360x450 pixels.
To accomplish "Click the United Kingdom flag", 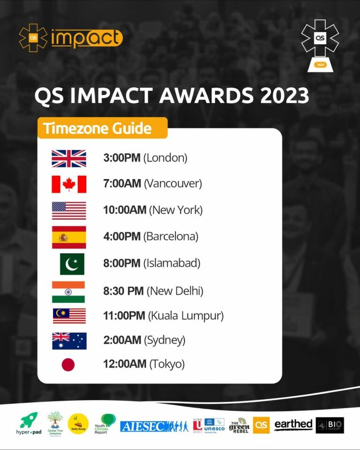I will pyautogui.click(x=69, y=158).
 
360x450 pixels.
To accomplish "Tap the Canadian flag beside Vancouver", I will pyautogui.click(x=69, y=184).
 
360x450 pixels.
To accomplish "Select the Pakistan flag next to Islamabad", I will pyautogui.click(x=72, y=264).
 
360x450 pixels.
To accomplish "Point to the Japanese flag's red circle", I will pyautogui.click(x=68, y=364).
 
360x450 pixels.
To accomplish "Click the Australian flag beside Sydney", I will pyautogui.click(x=69, y=341).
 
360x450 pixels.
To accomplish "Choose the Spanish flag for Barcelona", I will pyautogui.click(x=69, y=237).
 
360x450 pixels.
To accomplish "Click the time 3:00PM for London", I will pyautogui.click(x=122, y=158).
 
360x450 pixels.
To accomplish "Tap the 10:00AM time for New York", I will pyautogui.click(x=125, y=210).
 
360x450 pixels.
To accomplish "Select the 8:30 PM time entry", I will pyautogui.click(x=123, y=291).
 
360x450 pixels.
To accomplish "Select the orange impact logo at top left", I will pyautogui.click(x=70, y=38).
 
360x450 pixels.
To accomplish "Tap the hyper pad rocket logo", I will pyautogui.click(x=29, y=423).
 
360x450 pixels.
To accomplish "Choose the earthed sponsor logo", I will pyautogui.click(x=293, y=425).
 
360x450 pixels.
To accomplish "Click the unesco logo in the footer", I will pyautogui.click(x=214, y=425).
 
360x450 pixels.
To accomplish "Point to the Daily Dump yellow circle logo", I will pyautogui.click(x=78, y=423).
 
